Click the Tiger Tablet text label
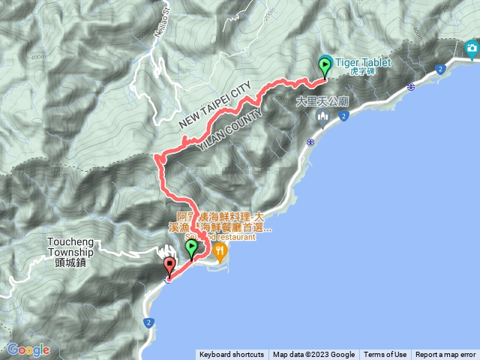click(x=361, y=63)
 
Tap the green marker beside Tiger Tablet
click(x=325, y=65)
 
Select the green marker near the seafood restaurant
click(x=191, y=248)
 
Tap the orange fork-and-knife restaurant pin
click(x=220, y=252)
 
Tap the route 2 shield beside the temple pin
click(x=343, y=115)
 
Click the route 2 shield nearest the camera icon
click(x=440, y=69)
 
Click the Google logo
click(x=28, y=349)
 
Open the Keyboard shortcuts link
click(x=231, y=355)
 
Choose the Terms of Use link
click(x=385, y=355)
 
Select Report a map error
click(x=445, y=355)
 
